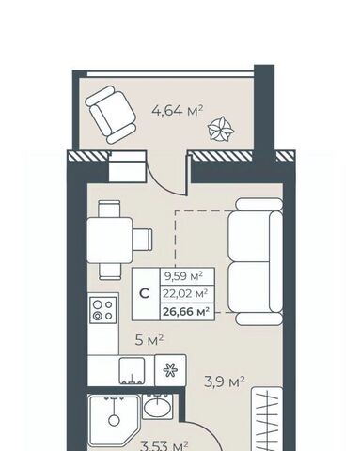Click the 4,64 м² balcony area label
(178, 111)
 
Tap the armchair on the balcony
(111, 115)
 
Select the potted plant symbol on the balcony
(221, 129)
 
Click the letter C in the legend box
(145, 294)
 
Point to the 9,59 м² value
(183, 276)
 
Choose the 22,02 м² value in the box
(185, 294)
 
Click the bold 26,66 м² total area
(186, 312)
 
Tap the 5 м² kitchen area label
(149, 340)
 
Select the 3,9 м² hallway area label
(225, 381)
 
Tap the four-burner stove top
(103, 310)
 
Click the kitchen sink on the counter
(133, 371)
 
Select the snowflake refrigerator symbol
(170, 370)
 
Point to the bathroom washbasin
(157, 407)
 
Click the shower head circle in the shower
(114, 420)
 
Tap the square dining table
(109, 240)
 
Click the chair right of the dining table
(142, 240)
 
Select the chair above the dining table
(109, 209)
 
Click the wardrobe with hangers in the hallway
(267, 419)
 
